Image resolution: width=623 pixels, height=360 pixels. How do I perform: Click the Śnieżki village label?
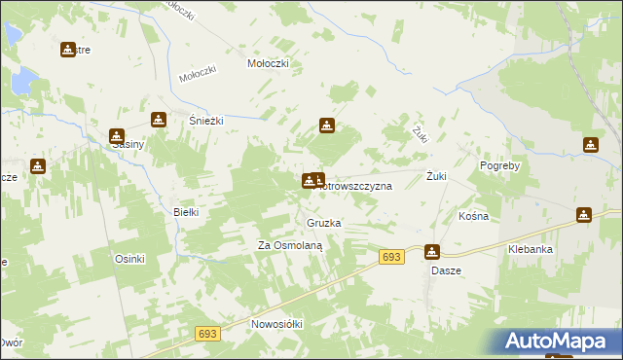(x=206, y=121)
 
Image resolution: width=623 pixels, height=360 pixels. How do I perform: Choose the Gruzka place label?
(x=323, y=224)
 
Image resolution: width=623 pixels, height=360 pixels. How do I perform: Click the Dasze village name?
(x=446, y=270)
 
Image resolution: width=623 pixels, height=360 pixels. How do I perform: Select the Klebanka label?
(x=531, y=250)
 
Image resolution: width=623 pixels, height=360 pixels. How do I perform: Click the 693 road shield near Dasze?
(x=391, y=256)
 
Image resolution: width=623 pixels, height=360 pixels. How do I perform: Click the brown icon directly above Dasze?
(x=431, y=251)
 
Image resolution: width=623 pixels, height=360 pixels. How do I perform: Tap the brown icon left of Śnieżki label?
(x=159, y=120)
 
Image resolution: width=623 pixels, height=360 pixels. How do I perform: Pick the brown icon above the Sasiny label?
(x=117, y=136)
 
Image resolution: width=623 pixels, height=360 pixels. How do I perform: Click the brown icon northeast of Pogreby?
(x=590, y=146)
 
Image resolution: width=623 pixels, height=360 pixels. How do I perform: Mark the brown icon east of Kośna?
(x=584, y=215)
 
